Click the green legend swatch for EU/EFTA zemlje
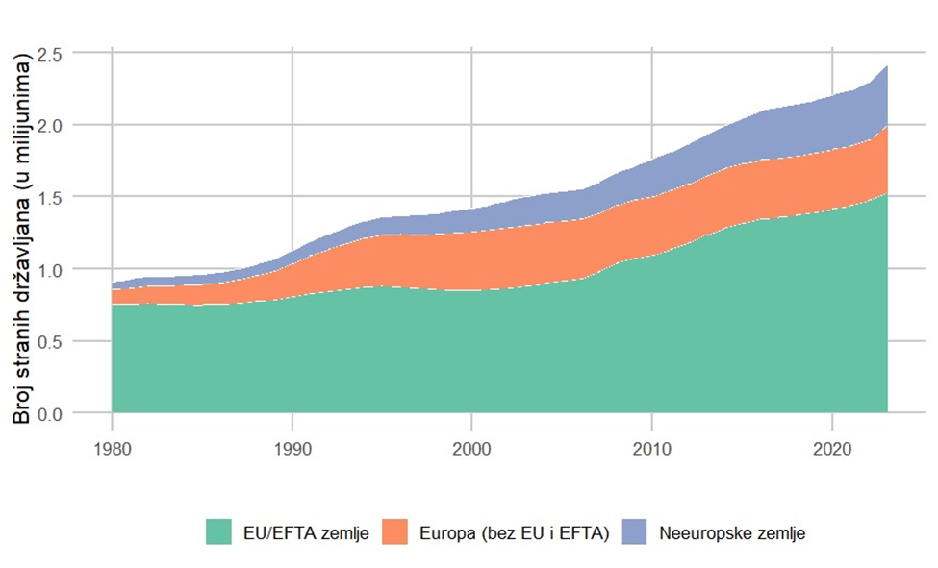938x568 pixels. [x=219, y=531]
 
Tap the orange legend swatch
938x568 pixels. [x=397, y=531]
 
